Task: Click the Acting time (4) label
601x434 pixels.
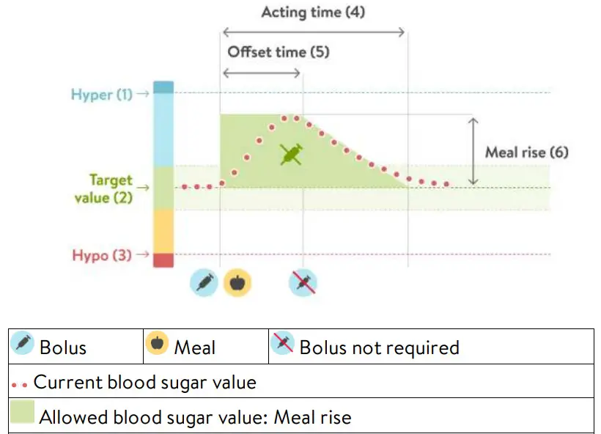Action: pyautogui.click(x=313, y=12)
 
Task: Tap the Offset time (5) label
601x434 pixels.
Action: pyautogui.click(x=279, y=52)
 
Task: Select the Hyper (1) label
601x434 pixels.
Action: pyautogui.click(x=102, y=95)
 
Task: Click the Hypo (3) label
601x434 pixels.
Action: pyautogui.click(x=103, y=255)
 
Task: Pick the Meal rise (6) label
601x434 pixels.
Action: pyautogui.click(x=526, y=152)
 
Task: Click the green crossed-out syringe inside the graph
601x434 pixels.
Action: pyautogui.click(x=292, y=155)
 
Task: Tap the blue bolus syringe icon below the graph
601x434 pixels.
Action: pyautogui.click(x=204, y=282)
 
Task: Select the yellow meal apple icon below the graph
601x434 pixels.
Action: pyautogui.click(x=237, y=282)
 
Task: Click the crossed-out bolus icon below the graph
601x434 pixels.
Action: pyautogui.click(x=303, y=282)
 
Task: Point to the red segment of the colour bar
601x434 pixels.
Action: pyautogui.click(x=164, y=260)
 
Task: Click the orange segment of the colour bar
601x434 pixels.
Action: pyautogui.click(x=164, y=231)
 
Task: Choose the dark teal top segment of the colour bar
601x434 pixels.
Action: pyautogui.click(x=164, y=87)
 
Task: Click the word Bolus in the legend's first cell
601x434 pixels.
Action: pyautogui.click(x=62, y=347)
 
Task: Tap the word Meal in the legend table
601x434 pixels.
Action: pyautogui.click(x=194, y=347)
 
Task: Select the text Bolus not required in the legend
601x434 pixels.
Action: pyautogui.click(x=379, y=347)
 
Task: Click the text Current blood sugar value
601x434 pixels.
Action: pyautogui.click(x=145, y=382)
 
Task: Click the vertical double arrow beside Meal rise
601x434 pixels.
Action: pyautogui.click(x=473, y=151)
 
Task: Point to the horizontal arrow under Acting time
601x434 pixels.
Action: pyautogui.click(x=313, y=32)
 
